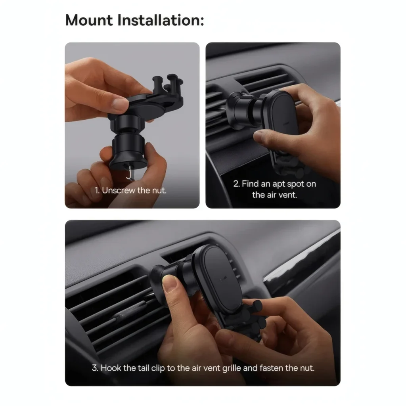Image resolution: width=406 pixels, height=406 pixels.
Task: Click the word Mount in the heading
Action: [x=89, y=20]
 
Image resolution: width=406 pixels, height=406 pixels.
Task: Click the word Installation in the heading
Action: [x=161, y=20]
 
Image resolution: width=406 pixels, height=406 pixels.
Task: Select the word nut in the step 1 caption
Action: [x=159, y=191]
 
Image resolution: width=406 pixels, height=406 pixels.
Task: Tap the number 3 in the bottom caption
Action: [x=95, y=368]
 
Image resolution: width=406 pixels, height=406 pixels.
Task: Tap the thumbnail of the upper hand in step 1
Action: [x=120, y=103]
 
